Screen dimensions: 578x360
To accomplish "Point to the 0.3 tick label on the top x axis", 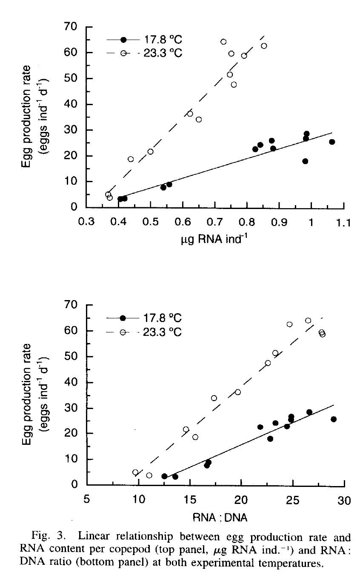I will pyautogui.click(x=86, y=223).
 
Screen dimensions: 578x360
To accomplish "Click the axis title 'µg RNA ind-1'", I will pyautogui.click(x=215, y=241).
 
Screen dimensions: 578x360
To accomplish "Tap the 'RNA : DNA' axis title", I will pyautogui.click(x=215, y=518).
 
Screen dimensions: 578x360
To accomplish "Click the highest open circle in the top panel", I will pyautogui.click(x=223, y=42).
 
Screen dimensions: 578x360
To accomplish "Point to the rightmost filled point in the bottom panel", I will pyautogui.click(x=334, y=419).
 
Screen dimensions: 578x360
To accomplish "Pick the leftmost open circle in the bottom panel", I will pyautogui.click(x=135, y=472).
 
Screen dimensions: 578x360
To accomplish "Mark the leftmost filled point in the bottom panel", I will pyautogui.click(x=164, y=476).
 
